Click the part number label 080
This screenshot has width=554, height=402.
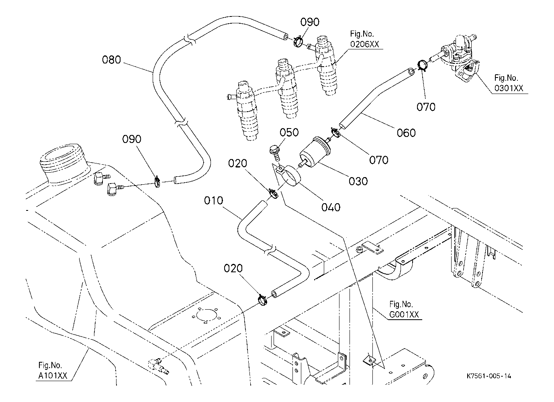pos(111,60)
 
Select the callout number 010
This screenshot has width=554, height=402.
pos(213,200)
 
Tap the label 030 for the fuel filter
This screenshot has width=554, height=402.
pos(358,181)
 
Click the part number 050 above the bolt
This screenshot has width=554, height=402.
pos(289,133)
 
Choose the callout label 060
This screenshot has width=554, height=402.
pos(406,133)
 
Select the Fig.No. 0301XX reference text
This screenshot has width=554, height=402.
pos(509,84)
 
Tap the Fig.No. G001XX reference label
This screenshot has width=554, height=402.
pos(404,310)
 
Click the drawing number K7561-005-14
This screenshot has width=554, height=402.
pos(489,376)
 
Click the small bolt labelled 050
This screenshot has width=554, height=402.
pos(275,153)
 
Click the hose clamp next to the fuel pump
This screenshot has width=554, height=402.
pos(421,65)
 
